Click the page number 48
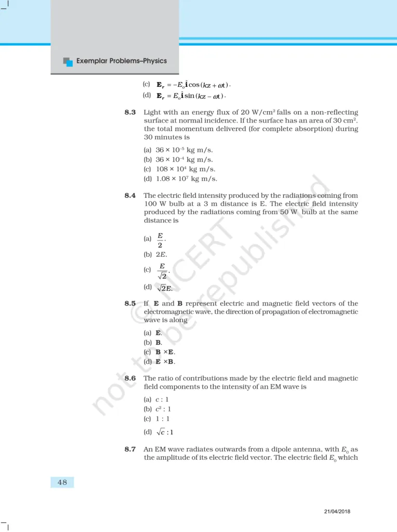tap(62, 482)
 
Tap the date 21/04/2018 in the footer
tap(337, 511)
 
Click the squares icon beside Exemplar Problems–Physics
tap(68, 61)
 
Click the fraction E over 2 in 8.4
tap(161, 240)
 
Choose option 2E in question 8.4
tap(162, 255)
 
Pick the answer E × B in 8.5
tap(165, 362)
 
